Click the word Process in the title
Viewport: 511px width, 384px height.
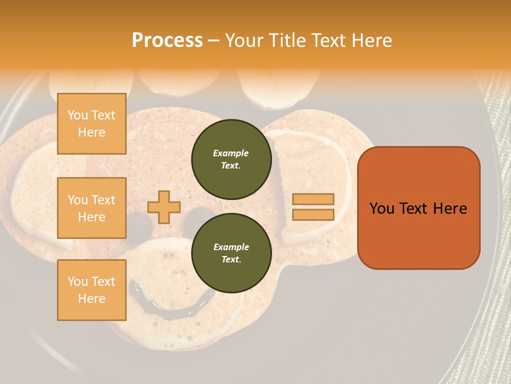167,41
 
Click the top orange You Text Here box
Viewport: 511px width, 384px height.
92,124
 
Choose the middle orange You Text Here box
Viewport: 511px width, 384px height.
92,208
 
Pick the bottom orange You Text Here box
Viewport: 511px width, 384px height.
92,290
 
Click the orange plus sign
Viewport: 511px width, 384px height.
163,207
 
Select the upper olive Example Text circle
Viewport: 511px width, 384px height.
231,159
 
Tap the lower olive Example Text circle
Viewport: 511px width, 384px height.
231,253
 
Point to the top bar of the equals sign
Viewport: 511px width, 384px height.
314,199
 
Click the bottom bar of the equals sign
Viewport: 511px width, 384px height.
314,214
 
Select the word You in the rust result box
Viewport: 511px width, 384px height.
382,209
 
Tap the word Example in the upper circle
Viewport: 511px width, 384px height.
231,154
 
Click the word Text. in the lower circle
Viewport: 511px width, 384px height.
231,260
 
